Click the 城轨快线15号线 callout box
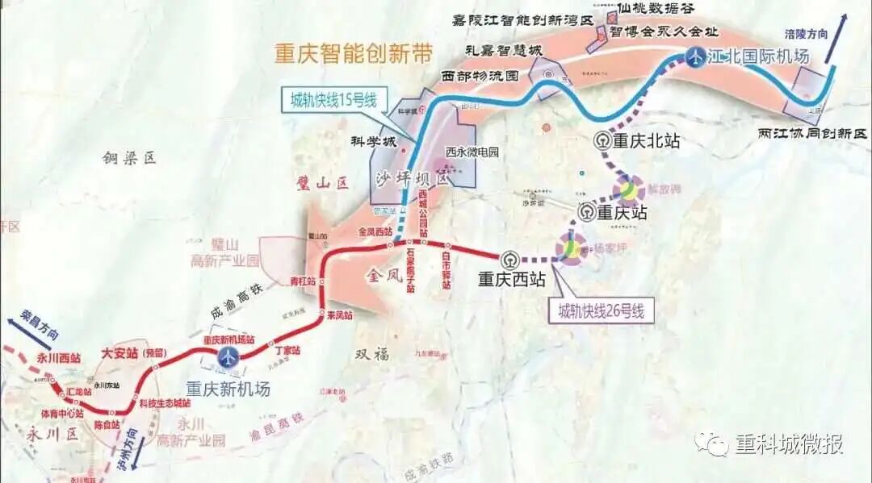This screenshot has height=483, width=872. (x=334, y=101)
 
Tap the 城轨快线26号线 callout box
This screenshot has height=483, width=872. (x=602, y=311)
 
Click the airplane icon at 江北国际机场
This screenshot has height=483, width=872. (x=695, y=56)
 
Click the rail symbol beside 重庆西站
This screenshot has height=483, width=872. (x=509, y=260)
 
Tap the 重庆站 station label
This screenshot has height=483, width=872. (x=622, y=213)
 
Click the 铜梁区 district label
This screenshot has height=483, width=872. (x=128, y=159)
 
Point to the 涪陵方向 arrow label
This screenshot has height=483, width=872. (x=807, y=34)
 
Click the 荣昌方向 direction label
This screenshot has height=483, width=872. (x=38, y=331)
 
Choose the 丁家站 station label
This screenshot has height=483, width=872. (x=287, y=351)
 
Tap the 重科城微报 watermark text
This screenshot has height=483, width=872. (x=788, y=443)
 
